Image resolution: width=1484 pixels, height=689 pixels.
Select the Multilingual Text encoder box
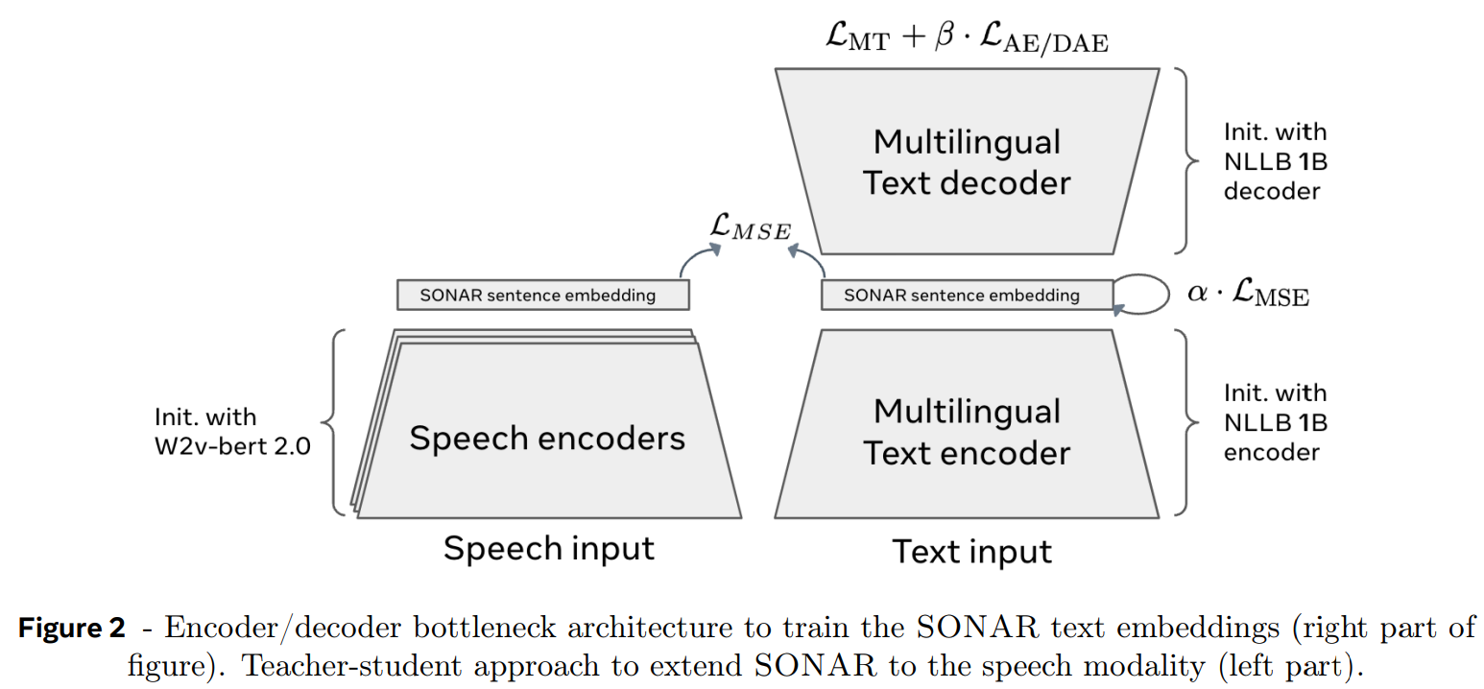[x=967, y=432]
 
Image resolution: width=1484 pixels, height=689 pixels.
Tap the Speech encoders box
[x=547, y=438]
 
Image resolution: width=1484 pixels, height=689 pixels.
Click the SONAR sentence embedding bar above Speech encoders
[x=542, y=295]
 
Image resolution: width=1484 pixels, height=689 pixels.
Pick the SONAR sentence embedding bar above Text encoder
[x=967, y=295]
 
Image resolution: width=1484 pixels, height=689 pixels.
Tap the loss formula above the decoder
[x=966, y=39]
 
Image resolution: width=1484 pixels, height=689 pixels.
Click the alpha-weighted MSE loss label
[x=1248, y=293]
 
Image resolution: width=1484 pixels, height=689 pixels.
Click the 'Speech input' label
[x=548, y=549]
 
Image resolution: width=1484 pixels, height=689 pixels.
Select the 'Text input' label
[x=971, y=552]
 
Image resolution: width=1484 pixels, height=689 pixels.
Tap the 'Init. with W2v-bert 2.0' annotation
[x=232, y=432]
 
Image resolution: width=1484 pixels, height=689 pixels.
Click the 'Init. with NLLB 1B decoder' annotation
[x=1275, y=161]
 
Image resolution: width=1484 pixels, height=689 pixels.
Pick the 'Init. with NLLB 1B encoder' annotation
[x=1275, y=422]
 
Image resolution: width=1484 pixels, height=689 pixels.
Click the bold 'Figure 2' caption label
[x=72, y=630]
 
